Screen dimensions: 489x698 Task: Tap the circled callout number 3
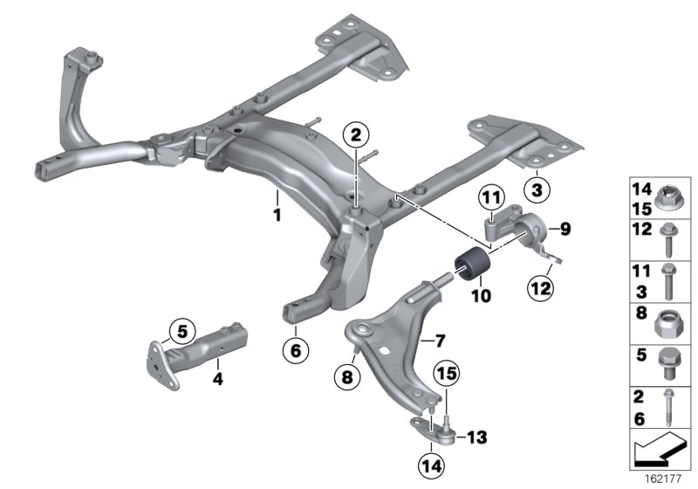tap(537, 188)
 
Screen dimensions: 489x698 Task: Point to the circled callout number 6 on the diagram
tap(295, 351)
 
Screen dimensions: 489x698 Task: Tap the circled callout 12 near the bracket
tap(539, 286)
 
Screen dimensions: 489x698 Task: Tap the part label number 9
tap(565, 230)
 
